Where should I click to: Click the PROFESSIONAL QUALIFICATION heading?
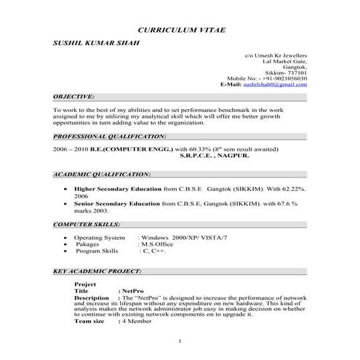110,136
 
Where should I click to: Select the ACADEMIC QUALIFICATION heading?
102,175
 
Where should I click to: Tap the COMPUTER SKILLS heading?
87,225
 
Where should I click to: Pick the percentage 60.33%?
199,148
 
